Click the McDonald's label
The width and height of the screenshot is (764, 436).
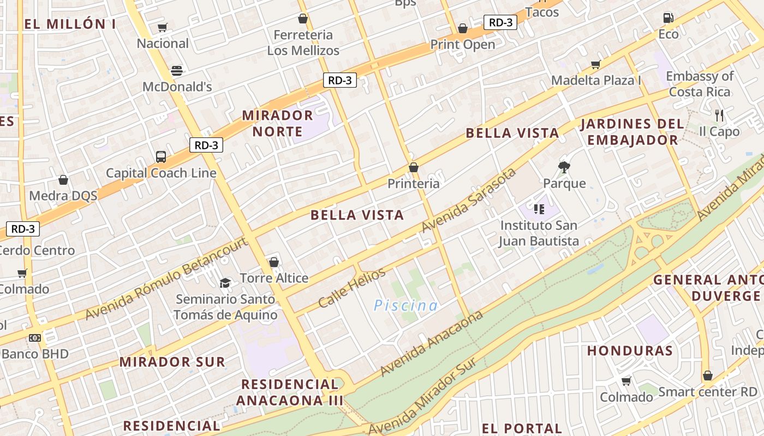click(177, 87)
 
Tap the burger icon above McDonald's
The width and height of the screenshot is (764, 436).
click(176, 70)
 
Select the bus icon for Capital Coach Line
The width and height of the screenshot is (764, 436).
click(161, 157)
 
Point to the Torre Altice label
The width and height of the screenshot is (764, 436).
click(274, 278)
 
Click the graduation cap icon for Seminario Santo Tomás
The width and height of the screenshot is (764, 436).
click(225, 283)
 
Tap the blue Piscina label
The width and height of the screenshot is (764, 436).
click(406, 305)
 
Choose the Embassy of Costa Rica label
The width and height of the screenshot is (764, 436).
click(700, 84)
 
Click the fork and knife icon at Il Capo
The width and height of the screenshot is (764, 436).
click(719, 116)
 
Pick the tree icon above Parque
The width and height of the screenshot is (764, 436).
click(564, 167)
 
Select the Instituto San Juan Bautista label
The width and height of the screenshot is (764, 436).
click(539, 233)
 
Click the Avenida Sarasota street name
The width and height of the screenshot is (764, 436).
click(469, 200)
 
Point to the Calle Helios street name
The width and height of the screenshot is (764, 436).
click(351, 287)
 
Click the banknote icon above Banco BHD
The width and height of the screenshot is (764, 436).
click(35, 338)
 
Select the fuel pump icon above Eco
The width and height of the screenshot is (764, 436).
click(668, 18)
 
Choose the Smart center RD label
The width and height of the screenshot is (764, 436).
click(708, 392)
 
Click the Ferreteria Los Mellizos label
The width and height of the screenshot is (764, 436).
click(303, 43)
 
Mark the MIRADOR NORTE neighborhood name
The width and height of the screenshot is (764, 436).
click(277, 123)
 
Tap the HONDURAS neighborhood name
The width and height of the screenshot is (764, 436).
click(630, 350)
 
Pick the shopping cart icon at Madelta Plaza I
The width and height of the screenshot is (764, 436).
click(596, 65)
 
